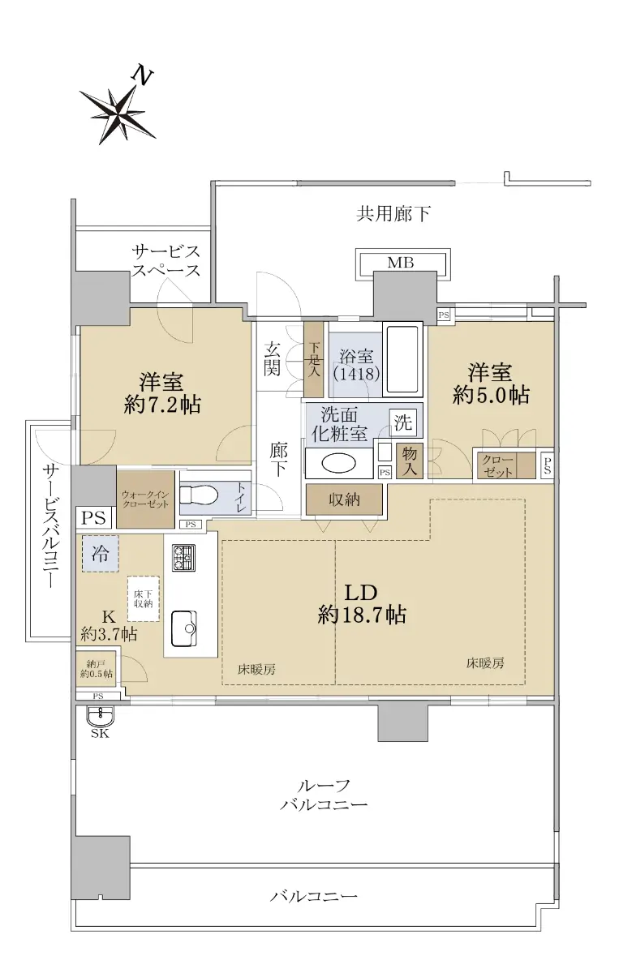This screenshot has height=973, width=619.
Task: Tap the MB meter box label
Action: coord(400,263)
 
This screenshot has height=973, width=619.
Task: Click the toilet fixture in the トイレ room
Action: coord(198,495)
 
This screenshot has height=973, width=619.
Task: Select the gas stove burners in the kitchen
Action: coord(183,558)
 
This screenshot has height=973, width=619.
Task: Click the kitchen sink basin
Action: coord(184,628)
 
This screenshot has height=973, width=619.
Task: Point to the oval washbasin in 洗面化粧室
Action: coord(338,464)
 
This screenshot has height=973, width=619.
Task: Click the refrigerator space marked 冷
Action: coord(100,553)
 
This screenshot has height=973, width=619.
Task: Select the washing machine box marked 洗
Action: coord(403,422)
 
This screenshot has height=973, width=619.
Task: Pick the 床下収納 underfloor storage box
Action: coord(144,598)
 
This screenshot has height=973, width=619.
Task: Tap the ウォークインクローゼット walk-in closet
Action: coord(145,499)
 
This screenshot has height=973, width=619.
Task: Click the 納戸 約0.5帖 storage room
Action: coord(96,669)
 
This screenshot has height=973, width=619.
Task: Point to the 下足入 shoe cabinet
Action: coord(313,359)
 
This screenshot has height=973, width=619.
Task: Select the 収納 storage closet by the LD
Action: coord(344,499)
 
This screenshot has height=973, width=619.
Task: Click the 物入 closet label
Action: coord(410,461)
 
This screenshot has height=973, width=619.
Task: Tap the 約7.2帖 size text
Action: coord(161,405)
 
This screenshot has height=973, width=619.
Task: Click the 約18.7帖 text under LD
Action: coord(362,615)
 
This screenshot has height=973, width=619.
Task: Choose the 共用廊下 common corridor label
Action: coord(393,214)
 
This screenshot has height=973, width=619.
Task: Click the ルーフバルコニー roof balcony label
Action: coord(324,795)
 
